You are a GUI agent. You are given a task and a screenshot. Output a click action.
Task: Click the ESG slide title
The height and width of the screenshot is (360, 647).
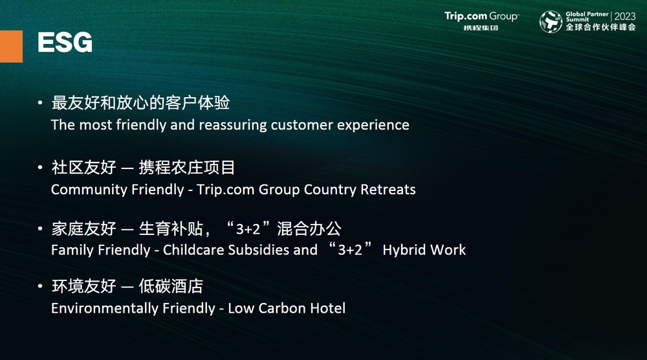(65, 42)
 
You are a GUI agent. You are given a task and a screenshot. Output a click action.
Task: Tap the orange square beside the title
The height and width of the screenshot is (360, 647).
(11, 46)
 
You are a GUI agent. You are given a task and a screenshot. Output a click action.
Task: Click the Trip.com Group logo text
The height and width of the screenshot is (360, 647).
(481, 17)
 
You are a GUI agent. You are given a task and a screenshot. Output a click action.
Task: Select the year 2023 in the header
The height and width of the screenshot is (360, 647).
(625, 16)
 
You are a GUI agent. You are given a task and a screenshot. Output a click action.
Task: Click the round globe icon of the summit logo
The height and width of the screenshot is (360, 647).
(551, 21)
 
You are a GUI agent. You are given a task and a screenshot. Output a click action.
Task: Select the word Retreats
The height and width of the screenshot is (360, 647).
(388, 190)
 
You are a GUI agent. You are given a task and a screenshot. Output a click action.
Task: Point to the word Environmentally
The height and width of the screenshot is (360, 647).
(105, 308)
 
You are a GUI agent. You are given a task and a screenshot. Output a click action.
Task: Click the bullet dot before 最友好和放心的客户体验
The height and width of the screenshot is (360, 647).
(40, 102)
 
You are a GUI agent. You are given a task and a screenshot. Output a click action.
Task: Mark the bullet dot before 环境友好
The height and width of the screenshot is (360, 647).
(40, 286)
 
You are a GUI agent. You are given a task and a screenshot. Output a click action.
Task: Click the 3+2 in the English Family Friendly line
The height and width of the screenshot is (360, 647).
(349, 250)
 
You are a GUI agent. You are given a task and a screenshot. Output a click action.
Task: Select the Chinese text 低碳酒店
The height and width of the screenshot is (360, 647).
(171, 286)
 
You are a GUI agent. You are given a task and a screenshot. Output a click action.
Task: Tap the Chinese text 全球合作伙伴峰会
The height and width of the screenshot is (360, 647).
(601, 27)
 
